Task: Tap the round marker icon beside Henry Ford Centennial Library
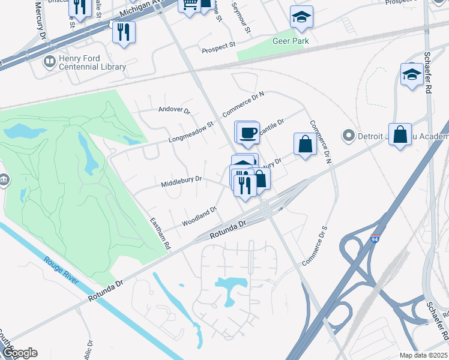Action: point(49,61)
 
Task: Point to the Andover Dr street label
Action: point(174,110)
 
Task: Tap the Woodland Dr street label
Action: point(199,217)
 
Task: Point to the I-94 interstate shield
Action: point(376,239)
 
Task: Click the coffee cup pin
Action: point(247,134)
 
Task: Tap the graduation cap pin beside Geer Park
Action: point(301,18)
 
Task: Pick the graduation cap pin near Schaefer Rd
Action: point(412,75)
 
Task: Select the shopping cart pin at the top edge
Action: point(190,5)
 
